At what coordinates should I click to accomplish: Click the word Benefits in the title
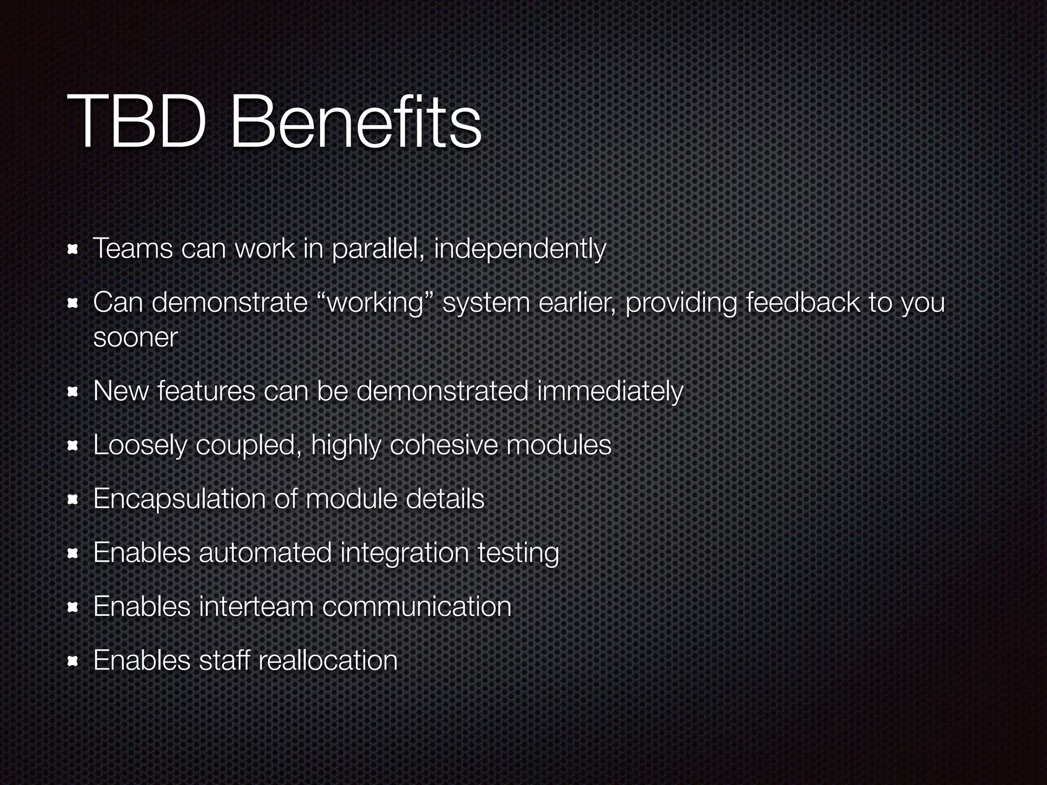click(356, 126)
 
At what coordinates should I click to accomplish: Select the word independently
click(520, 250)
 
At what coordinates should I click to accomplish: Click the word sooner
click(135, 338)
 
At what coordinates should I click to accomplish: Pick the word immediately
click(609, 392)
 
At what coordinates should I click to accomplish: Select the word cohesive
click(444, 445)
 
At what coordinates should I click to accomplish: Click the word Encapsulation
click(179, 499)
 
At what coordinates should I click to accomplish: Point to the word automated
click(265, 553)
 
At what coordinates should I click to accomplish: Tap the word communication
click(417, 607)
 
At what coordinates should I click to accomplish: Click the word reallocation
click(328, 661)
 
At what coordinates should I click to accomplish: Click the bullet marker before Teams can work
click(73, 250)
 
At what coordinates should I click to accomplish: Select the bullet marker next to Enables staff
click(73, 662)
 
